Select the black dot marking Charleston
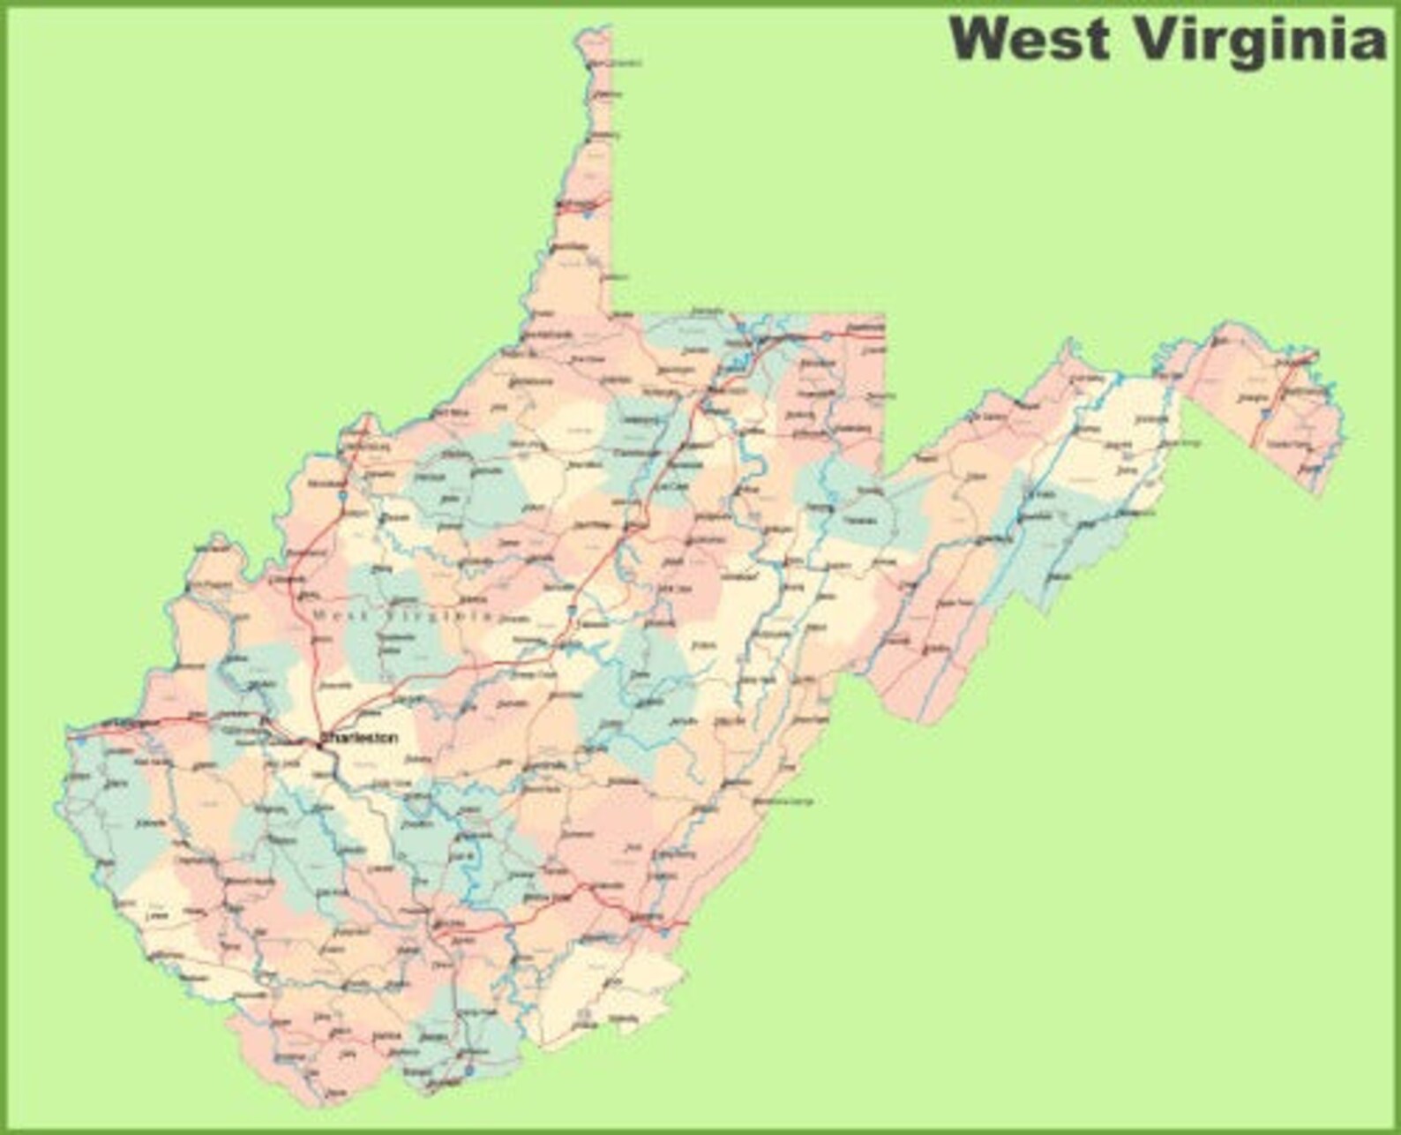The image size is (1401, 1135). pyautogui.click(x=318, y=744)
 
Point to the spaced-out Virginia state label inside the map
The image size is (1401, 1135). pyautogui.click(x=438, y=615)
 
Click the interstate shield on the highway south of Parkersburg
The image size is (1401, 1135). pyautogui.click(x=341, y=496)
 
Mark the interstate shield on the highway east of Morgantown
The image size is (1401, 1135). pyautogui.click(x=826, y=337)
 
